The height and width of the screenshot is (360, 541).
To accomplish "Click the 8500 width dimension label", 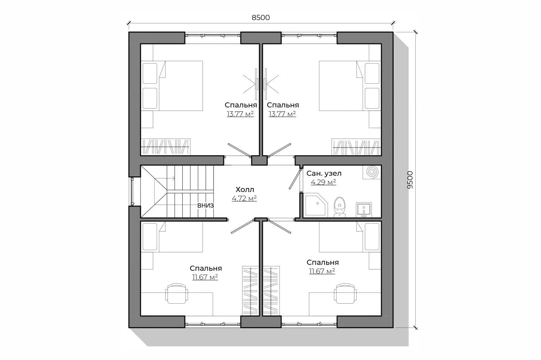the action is (x=260, y=18).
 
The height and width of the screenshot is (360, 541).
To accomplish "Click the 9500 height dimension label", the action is (x=410, y=180).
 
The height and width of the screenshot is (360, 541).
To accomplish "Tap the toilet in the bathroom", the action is (x=340, y=207).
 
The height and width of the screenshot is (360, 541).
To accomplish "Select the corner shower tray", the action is (x=316, y=205).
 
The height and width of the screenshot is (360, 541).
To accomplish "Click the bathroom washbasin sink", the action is (x=364, y=210).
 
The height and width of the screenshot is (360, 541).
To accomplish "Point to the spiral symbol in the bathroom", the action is (x=372, y=172).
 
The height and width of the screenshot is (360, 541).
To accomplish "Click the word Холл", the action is (x=245, y=189).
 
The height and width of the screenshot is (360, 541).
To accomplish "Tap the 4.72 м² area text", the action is (x=244, y=198).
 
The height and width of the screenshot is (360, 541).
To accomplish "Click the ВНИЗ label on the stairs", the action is (x=205, y=206).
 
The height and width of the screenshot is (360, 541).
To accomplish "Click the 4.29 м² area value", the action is (x=323, y=182).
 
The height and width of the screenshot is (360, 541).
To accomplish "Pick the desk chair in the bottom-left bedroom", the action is (x=177, y=293).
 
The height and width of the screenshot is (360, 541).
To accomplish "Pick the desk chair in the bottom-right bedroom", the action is (x=345, y=293).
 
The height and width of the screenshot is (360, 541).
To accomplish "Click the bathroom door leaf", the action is (x=295, y=179).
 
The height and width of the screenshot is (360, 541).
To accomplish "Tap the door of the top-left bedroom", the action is (x=239, y=150).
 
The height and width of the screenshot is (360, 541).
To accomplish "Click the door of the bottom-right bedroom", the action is (x=279, y=226).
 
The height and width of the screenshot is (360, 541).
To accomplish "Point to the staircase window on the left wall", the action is (x=132, y=192).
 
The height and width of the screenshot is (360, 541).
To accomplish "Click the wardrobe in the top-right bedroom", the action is (x=356, y=147).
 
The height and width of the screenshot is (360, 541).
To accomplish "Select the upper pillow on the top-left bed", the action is (x=150, y=74).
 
